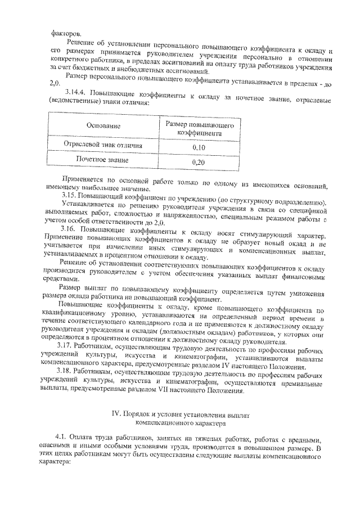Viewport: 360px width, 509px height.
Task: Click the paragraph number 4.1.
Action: (x=61, y=439)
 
